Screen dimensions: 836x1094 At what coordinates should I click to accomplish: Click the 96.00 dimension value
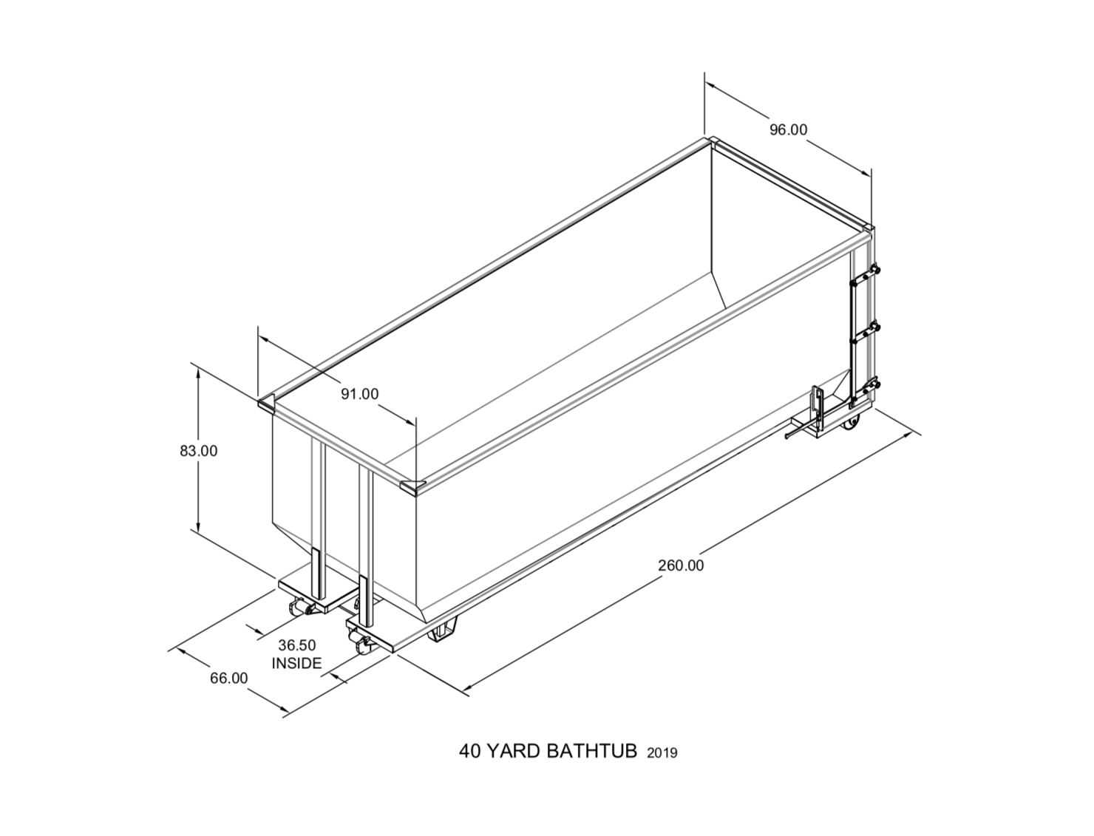789,129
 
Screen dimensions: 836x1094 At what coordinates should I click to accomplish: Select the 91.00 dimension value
359,394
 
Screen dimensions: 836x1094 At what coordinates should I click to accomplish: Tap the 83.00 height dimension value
199,450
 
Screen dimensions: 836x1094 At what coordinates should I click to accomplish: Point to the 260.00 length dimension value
681,565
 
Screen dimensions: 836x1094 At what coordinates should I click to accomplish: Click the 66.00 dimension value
229,678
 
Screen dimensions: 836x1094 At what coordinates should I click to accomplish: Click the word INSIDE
297,663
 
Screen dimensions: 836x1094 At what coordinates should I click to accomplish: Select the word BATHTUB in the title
592,752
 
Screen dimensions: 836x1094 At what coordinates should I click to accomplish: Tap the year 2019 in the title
662,753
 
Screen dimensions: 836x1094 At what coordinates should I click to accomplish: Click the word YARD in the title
515,752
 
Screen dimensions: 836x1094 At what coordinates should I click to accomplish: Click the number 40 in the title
471,752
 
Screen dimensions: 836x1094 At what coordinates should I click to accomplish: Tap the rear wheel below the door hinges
854,424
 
